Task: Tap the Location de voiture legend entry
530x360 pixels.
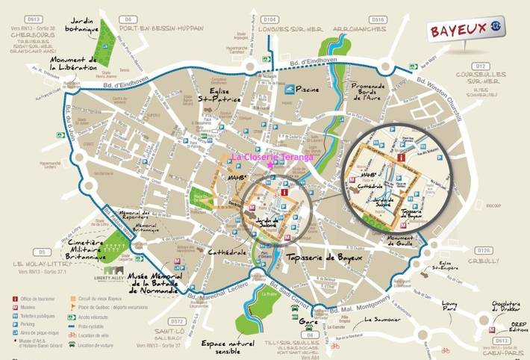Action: coord(97,346)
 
